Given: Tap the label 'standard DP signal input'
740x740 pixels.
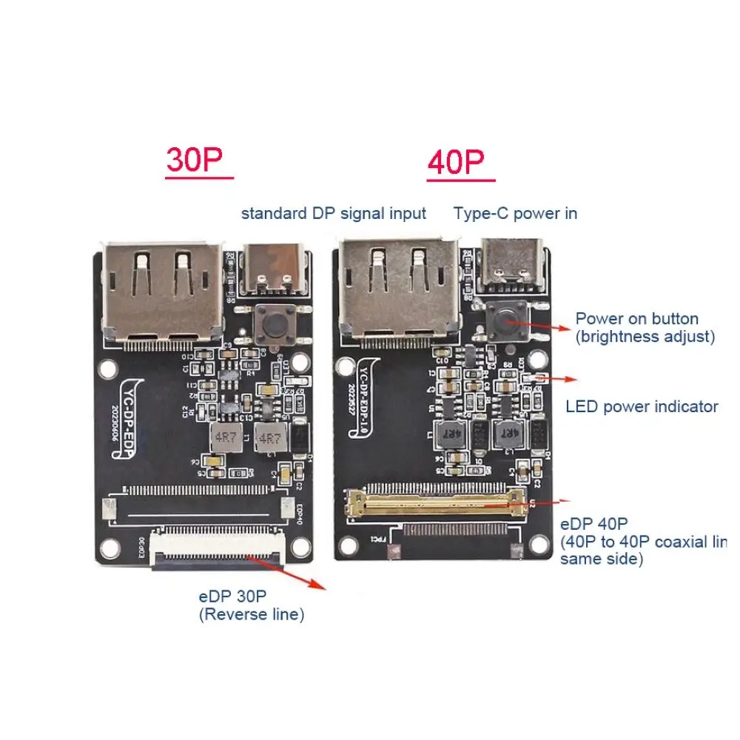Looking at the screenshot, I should coord(333,214).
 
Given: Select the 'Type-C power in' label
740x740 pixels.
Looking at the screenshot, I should coord(515,214).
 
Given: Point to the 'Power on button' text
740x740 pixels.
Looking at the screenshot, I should coord(636,319).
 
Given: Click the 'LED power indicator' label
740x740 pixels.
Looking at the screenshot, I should coord(642,406).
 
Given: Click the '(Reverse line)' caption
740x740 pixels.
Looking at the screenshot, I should coord(251,614).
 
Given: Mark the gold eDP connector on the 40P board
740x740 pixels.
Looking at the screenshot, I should coord(436,502).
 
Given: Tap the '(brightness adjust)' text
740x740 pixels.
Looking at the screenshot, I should coord(645,337).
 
